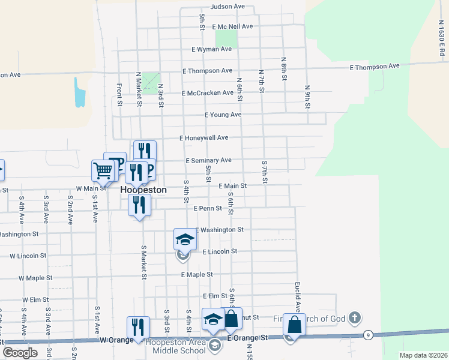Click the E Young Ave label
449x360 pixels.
coord(223,115)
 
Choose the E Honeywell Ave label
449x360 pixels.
coord(204,137)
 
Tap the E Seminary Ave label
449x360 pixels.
coord(208,161)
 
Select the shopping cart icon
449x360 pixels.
coord(103,171)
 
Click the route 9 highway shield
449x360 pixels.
coord(367,335)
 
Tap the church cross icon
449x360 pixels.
coord(355,317)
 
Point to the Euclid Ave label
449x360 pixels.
coord(297,296)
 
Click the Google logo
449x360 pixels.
coord(20,353)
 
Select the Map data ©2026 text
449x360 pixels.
coord(423,355)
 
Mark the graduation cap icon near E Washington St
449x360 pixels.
coord(185,239)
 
